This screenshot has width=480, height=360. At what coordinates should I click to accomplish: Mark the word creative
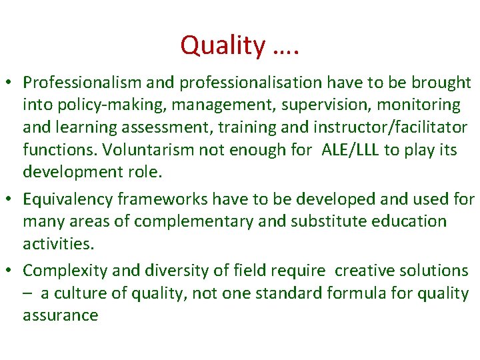pos(364,271)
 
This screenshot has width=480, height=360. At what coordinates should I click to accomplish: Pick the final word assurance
pos(61,315)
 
